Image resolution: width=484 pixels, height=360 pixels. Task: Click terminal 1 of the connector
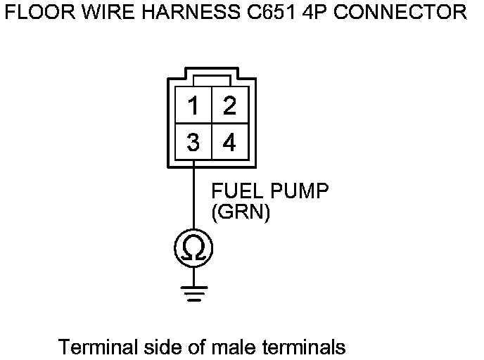tap(193, 107)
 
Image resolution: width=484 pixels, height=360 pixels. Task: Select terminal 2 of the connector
tap(229, 107)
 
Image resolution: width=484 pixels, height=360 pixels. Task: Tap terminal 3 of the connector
tap(193, 143)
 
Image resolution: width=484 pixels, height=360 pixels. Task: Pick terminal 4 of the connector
tap(229, 143)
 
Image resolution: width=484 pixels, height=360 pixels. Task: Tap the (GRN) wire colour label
tap(241, 212)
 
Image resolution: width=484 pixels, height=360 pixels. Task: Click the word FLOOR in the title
tap(35, 13)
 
